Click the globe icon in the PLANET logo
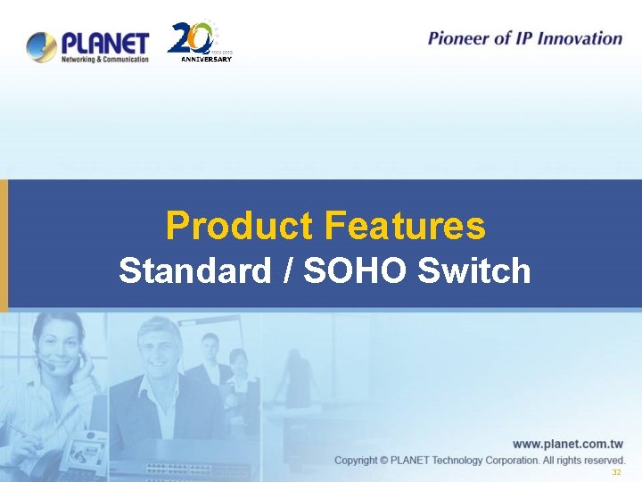pos(42,46)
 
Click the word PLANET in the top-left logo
pos(104,42)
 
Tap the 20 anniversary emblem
pos(193,40)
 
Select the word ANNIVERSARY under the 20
pos(206,60)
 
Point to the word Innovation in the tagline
pos(579,38)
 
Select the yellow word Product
pos(240,226)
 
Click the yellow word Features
pos(405,226)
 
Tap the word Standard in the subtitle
pos(194,270)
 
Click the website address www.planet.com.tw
pos(567,444)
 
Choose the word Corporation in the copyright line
pos(506,461)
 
